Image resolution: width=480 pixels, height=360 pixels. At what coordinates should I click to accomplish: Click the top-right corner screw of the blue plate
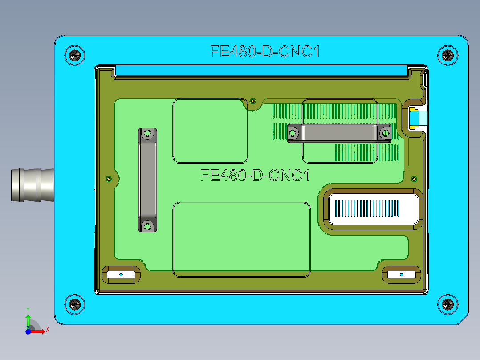pyautogui.click(x=447, y=55)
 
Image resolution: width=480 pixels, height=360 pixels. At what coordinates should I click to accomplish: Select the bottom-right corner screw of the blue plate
pyautogui.click(x=447, y=305)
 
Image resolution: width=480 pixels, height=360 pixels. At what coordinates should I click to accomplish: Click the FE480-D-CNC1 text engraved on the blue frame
pyautogui.click(x=265, y=52)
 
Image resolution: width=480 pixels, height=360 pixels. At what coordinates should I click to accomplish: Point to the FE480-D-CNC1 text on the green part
pyautogui.click(x=255, y=175)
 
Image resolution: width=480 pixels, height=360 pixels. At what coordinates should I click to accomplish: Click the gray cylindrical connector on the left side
pyautogui.click(x=31, y=185)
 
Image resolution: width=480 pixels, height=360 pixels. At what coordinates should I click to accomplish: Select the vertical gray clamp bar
pyautogui.click(x=147, y=180)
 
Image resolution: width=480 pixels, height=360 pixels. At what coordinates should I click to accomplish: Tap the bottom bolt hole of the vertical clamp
pyautogui.click(x=147, y=227)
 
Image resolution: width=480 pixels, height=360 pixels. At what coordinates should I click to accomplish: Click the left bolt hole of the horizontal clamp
pyautogui.click(x=293, y=133)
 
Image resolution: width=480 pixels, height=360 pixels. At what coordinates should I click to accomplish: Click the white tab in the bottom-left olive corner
pyautogui.click(x=121, y=275)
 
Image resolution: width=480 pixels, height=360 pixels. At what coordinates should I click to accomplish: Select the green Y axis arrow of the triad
pyautogui.click(x=28, y=319)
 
